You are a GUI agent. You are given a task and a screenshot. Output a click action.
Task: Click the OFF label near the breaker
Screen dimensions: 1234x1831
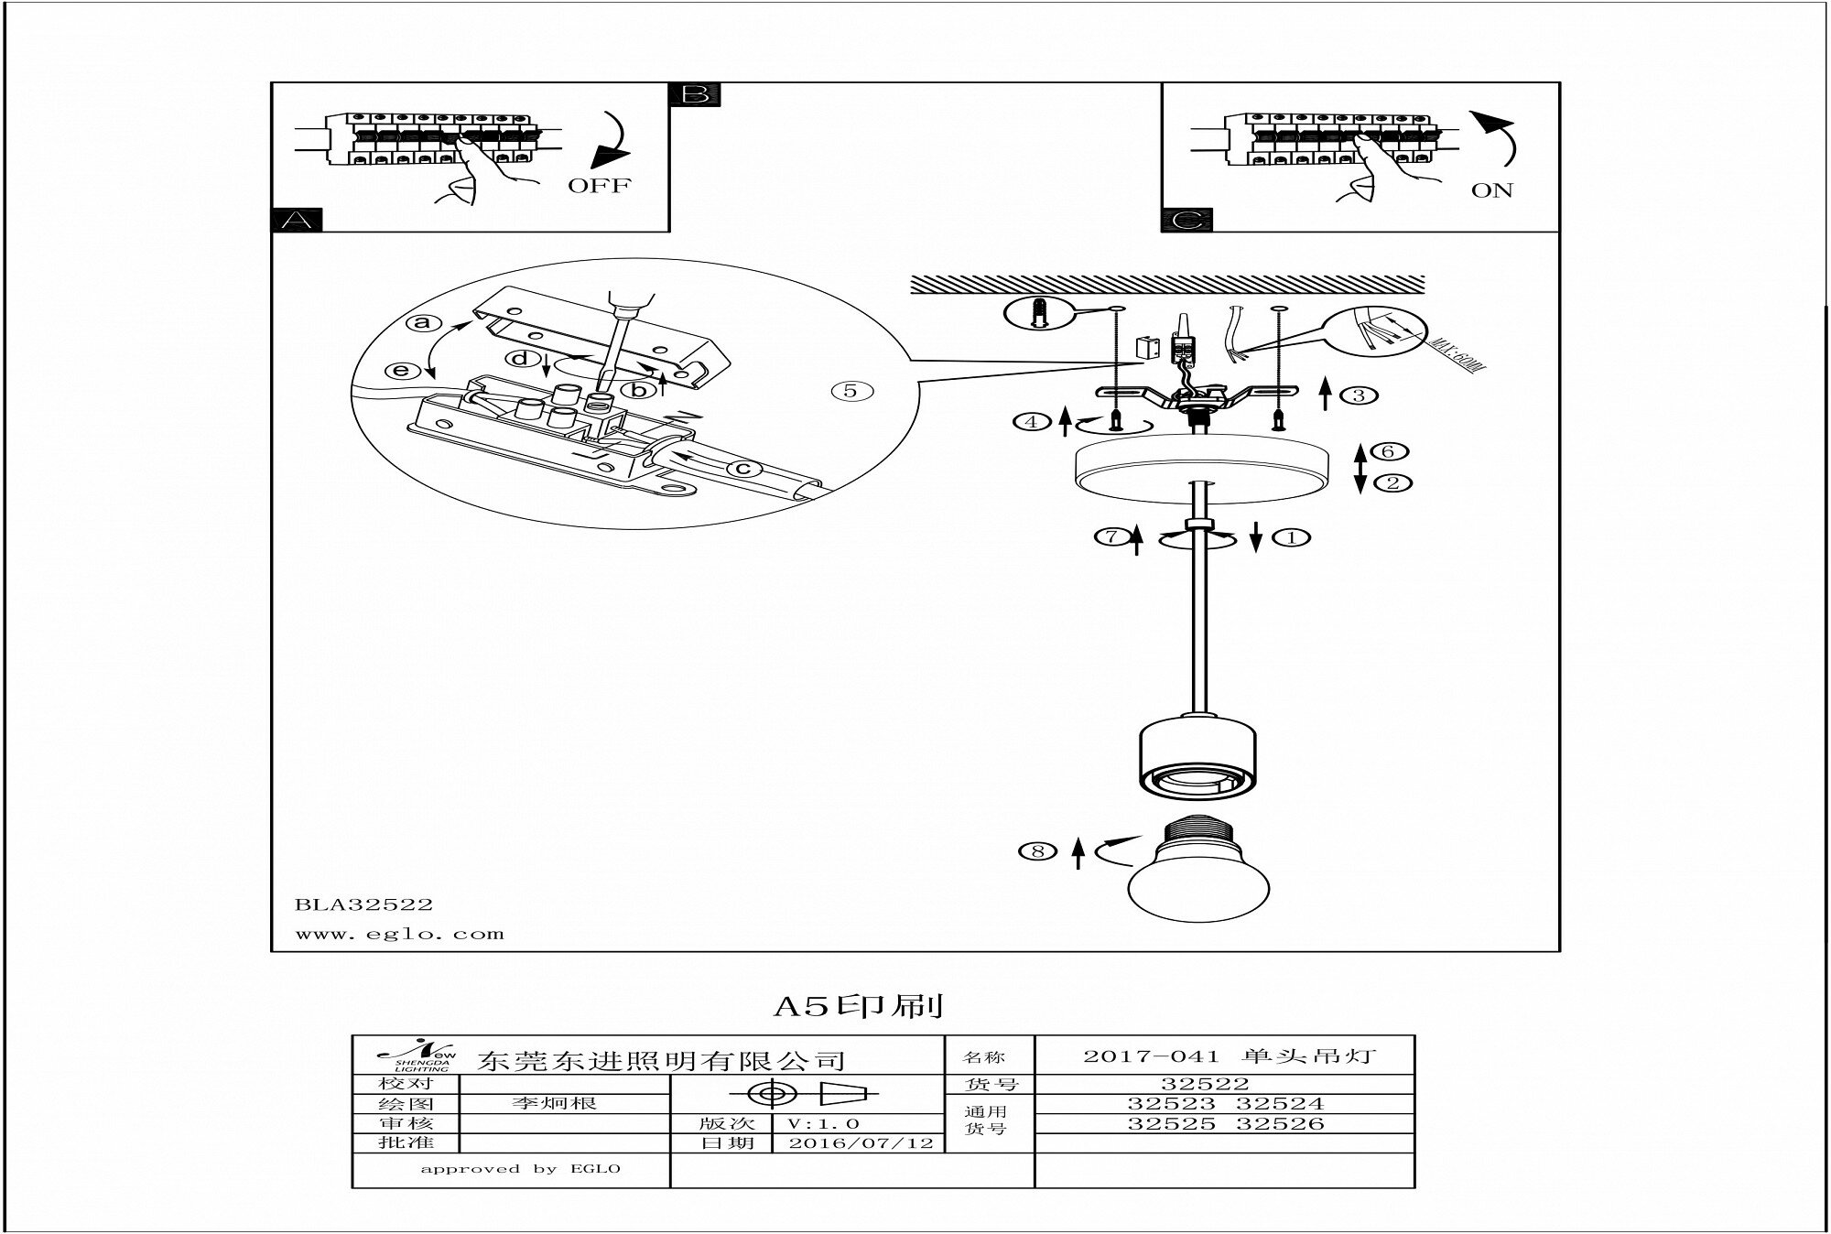[x=599, y=186]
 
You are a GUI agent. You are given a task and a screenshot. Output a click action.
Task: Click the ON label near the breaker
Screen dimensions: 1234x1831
[x=1492, y=191]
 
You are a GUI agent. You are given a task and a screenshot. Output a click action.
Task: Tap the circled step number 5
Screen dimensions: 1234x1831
[x=851, y=391]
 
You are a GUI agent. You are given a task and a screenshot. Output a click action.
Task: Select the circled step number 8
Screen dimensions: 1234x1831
[x=1037, y=851]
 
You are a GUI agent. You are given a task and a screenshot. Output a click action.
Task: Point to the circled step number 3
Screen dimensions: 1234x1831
[x=1360, y=395]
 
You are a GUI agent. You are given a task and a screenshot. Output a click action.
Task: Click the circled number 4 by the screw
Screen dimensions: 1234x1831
[x=1032, y=422]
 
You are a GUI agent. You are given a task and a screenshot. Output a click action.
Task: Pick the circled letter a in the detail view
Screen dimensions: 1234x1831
[x=422, y=322]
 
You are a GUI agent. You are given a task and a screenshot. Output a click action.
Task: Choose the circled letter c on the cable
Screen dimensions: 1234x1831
[x=743, y=469]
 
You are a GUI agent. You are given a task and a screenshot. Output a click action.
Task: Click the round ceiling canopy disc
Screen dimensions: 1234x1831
[x=1198, y=469]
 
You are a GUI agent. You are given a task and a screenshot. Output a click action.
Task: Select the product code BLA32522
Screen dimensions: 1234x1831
[x=363, y=904]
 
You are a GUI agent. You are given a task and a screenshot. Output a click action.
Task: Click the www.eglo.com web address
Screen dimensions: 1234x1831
[x=399, y=935]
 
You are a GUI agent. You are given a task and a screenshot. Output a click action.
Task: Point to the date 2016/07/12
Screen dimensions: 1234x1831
[x=861, y=1143]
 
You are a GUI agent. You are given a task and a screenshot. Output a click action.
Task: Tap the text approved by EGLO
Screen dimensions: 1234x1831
[x=520, y=1169]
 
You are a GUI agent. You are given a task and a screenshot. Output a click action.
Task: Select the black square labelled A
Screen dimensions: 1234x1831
[x=298, y=220]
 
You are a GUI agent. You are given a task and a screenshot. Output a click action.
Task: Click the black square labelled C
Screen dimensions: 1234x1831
[x=1186, y=221]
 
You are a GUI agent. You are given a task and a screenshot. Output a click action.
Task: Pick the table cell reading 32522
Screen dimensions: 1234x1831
[x=1205, y=1084]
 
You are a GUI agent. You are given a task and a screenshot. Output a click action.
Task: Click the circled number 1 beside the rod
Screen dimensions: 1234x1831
[x=1292, y=537]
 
